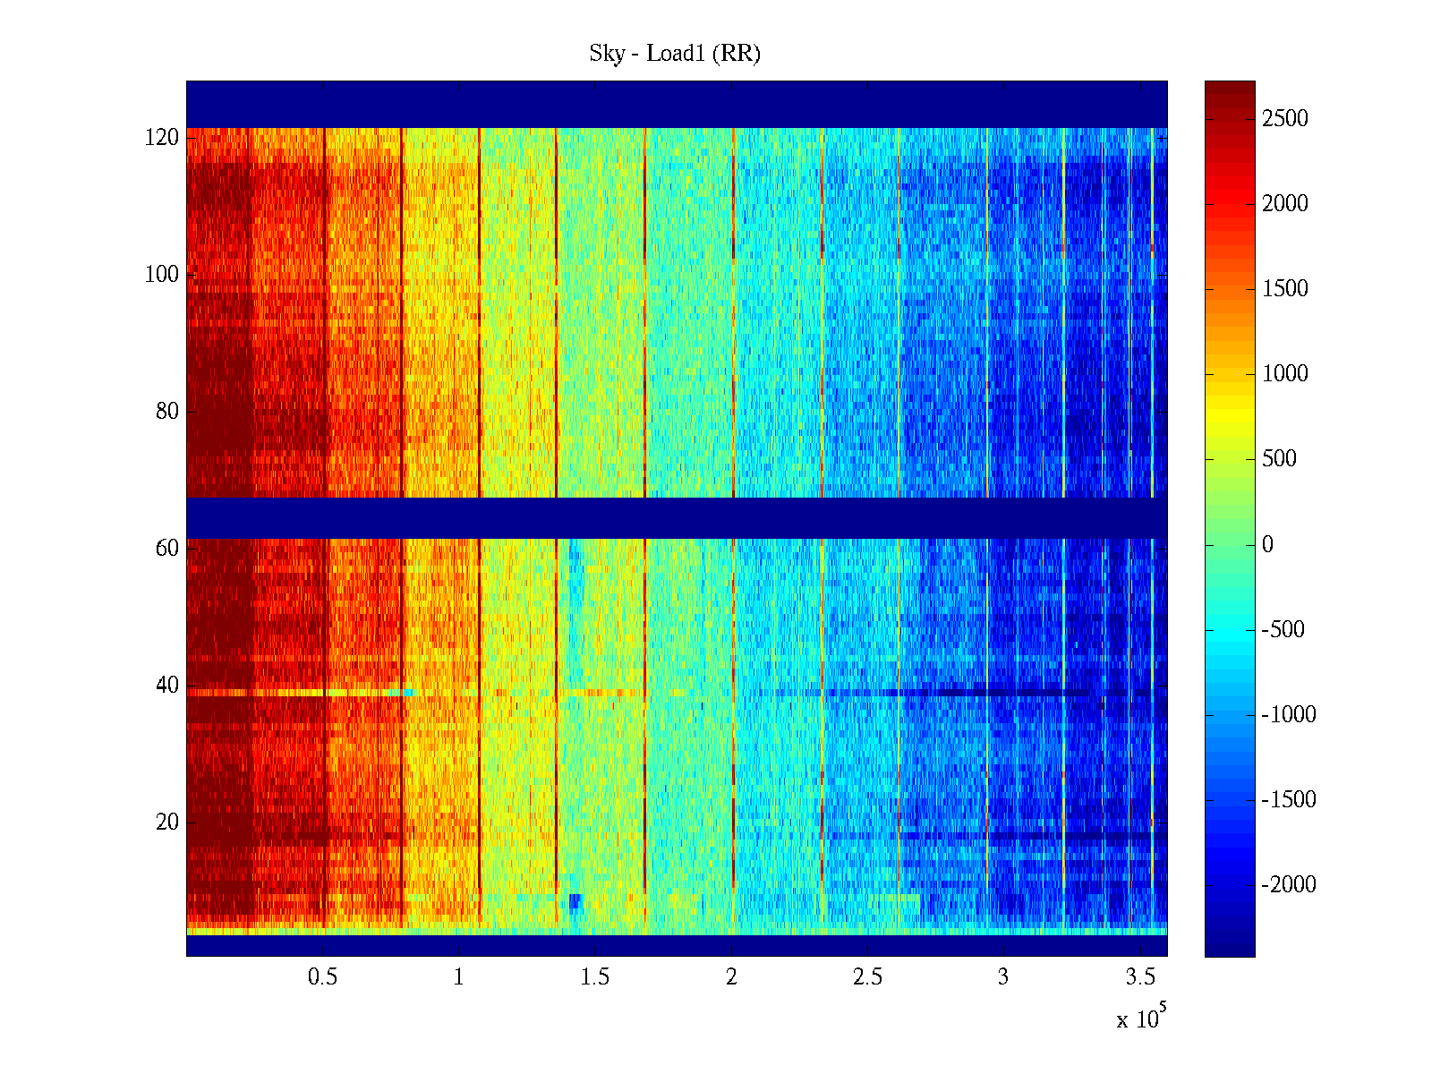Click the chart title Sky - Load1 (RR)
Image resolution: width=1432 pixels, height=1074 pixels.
click(x=674, y=54)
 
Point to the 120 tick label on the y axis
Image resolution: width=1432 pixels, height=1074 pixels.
click(x=162, y=138)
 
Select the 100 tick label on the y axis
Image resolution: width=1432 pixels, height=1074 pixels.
click(x=162, y=275)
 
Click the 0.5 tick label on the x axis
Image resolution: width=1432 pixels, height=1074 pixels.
click(x=322, y=977)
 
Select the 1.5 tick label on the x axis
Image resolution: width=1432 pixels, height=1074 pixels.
click(x=595, y=977)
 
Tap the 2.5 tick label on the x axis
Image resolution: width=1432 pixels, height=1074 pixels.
click(x=867, y=977)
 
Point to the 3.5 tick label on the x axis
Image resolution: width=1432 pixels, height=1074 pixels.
click(x=1140, y=977)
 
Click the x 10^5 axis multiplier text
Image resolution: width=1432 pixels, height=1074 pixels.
click(x=1141, y=1018)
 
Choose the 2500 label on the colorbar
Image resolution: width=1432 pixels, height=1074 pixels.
click(x=1285, y=119)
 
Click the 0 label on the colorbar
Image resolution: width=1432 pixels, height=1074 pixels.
click(x=1267, y=545)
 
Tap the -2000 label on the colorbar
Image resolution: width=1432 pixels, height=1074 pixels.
click(x=1289, y=885)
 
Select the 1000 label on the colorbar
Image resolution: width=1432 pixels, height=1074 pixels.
click(x=1285, y=374)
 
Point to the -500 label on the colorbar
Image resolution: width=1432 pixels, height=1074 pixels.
click(x=1283, y=630)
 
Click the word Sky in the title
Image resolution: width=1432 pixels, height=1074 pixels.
click(x=606, y=54)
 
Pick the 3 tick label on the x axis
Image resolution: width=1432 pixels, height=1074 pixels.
click(x=1003, y=977)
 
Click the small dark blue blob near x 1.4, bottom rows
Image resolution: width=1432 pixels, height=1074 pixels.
click(x=575, y=901)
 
